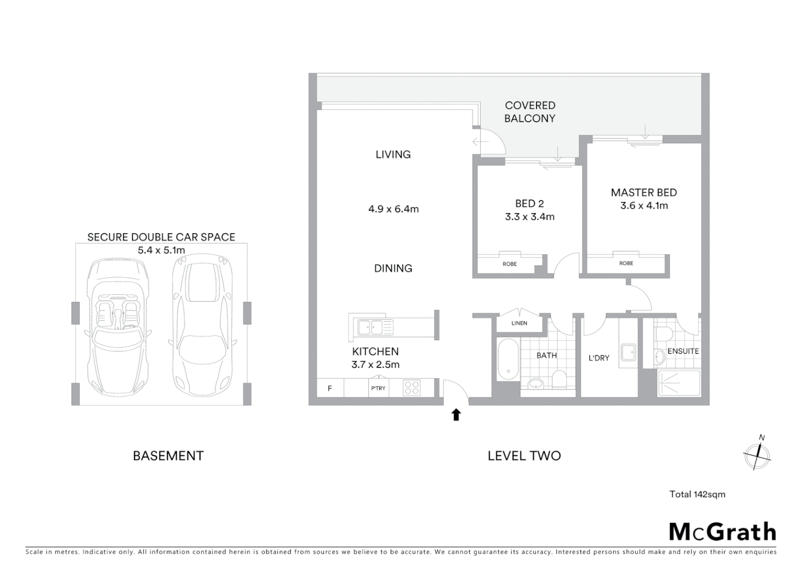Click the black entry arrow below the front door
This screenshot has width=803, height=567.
click(456, 415)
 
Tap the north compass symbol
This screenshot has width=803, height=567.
click(757, 454)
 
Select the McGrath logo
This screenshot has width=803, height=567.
click(723, 532)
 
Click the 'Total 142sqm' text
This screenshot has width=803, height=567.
click(697, 494)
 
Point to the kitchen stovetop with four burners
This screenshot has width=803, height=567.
click(411, 388)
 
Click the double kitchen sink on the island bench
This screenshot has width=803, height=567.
click(375, 328)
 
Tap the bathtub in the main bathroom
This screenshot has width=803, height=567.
click(508, 359)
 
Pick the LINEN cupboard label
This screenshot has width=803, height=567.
click(519, 323)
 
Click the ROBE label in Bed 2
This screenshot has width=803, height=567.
click(510, 264)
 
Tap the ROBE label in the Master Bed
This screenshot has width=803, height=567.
click(626, 264)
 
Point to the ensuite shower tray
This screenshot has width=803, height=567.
click(679, 383)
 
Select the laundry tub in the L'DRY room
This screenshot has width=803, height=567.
click(628, 352)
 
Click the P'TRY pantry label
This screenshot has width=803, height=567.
click(378, 388)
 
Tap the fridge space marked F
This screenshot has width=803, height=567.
click(330, 388)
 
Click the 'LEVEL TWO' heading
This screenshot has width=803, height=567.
click(524, 456)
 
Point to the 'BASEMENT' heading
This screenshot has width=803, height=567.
click(168, 456)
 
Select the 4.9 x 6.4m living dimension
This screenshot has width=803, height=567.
click(394, 209)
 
